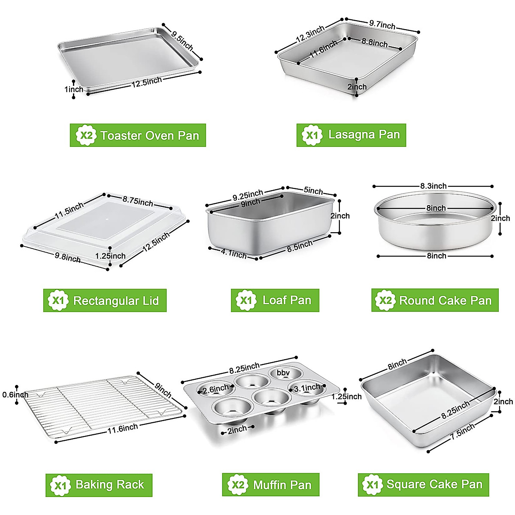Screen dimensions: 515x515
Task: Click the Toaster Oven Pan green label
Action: pyautogui.click(x=138, y=135)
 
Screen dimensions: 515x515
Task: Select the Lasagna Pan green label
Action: pyautogui.click(x=351, y=135)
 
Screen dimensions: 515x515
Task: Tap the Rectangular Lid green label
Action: pyautogui.click(x=105, y=300)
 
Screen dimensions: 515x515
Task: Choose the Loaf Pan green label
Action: pyautogui.click(x=275, y=300)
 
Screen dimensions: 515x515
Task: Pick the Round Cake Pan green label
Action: pyautogui.click(x=435, y=300)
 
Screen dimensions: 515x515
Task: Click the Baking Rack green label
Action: pyautogui.click(x=99, y=485)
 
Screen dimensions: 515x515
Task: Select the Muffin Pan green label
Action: pyautogui.click(x=271, y=485)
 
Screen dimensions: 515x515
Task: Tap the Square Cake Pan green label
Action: pyautogui.click(x=424, y=485)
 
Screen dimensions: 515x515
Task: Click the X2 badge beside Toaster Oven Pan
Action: pyautogui.click(x=86, y=136)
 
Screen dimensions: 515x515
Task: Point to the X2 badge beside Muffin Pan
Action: pyautogui.click(x=238, y=485)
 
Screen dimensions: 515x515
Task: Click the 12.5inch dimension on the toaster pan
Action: pyautogui.click(x=147, y=82)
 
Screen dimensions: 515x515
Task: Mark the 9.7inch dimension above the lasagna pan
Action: pyautogui.click(x=382, y=25)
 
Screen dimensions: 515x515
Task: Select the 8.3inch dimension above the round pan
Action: pyautogui.click(x=433, y=186)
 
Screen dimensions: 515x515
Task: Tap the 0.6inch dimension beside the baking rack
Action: pyautogui.click(x=15, y=395)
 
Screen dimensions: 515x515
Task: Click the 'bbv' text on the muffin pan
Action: pyautogui.click(x=283, y=373)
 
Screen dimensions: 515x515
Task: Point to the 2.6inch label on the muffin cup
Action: pyautogui.click(x=216, y=390)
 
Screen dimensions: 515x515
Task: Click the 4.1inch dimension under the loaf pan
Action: pyautogui.click(x=234, y=254)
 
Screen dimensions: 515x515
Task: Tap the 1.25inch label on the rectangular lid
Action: pyautogui.click(x=110, y=256)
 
